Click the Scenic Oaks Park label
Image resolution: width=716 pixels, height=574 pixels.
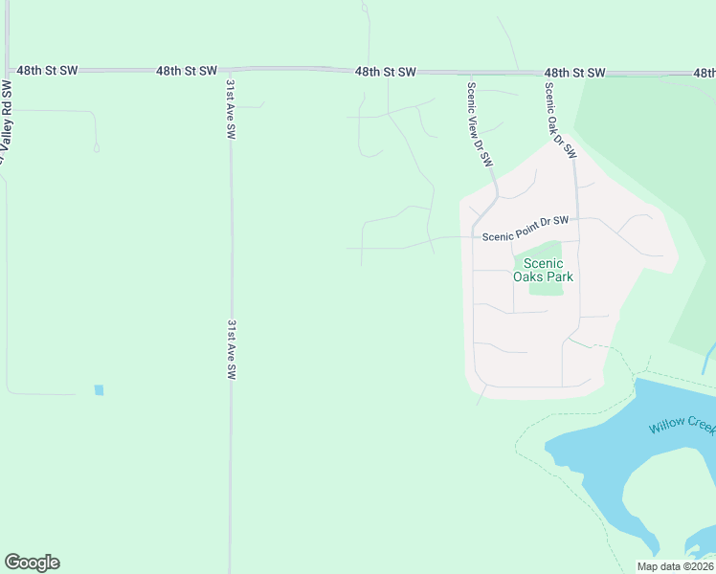(x=543, y=270)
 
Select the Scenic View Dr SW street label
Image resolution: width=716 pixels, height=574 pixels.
(x=479, y=123)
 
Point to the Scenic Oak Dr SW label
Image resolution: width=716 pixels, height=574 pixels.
(x=561, y=121)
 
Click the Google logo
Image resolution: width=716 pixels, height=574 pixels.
(x=32, y=563)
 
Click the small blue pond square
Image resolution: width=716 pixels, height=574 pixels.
(x=99, y=390)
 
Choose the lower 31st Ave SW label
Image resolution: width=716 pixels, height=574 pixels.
(x=231, y=349)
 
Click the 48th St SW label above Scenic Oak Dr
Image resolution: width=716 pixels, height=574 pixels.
(x=575, y=73)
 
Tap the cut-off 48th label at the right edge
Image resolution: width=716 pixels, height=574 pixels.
(x=705, y=73)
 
